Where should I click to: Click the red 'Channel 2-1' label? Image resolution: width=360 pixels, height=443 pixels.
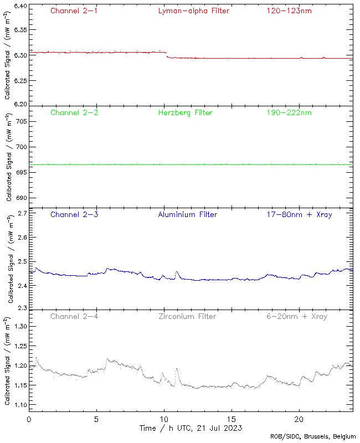tap(74, 11)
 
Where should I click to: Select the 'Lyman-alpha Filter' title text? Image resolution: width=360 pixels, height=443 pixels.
tap(193, 11)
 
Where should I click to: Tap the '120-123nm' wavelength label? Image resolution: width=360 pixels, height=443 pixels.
tap(289, 11)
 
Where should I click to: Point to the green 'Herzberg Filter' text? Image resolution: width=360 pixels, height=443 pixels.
tap(186, 112)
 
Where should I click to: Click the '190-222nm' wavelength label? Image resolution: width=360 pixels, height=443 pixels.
tap(289, 112)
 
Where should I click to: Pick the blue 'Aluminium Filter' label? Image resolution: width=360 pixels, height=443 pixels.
tap(188, 214)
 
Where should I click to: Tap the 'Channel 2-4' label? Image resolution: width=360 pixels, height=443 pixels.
tap(74, 316)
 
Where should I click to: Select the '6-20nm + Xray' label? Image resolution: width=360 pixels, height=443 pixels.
tap(296, 316)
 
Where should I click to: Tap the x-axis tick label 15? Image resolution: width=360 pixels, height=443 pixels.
tap(232, 419)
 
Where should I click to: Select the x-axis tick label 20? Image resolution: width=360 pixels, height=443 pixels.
tap(299, 419)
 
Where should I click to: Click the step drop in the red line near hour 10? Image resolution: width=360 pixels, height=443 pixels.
tap(167, 55)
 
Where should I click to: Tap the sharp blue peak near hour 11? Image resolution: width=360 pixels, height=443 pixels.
tap(177, 272)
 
